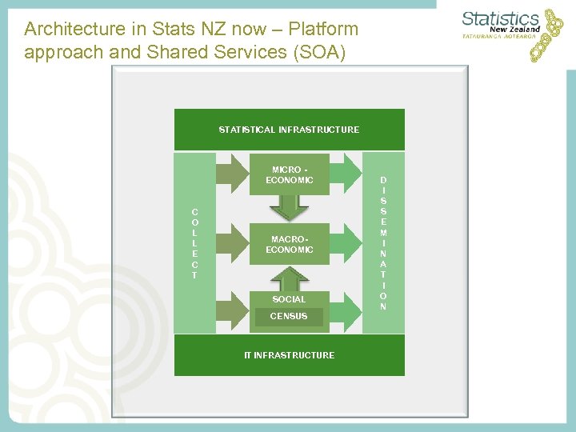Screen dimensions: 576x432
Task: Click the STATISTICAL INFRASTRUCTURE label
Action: click(289, 130)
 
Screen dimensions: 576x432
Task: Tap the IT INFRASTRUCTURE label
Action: click(289, 355)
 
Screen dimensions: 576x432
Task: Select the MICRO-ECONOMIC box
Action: click(289, 175)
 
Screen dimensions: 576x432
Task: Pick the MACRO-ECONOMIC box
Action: click(289, 244)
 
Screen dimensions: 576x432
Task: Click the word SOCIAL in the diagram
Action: click(289, 299)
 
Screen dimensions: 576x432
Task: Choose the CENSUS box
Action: click(289, 317)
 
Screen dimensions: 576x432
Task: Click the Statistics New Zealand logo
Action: click(512, 32)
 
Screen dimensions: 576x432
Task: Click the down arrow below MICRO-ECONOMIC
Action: click(289, 207)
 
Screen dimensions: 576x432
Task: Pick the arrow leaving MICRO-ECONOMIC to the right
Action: click(345, 175)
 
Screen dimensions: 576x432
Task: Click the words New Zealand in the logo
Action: click(512, 30)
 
